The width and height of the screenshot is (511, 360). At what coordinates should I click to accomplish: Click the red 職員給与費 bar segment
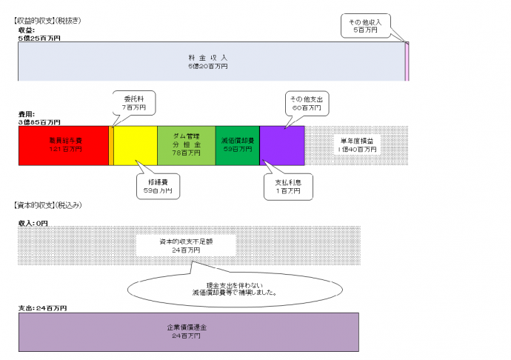[63, 145]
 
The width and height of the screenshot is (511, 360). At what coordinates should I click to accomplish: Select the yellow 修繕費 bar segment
[135, 145]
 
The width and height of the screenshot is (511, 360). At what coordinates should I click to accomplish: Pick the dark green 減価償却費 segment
[237, 145]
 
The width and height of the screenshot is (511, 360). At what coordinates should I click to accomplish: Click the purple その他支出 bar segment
[282, 145]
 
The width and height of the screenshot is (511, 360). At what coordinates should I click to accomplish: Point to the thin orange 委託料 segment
[111, 145]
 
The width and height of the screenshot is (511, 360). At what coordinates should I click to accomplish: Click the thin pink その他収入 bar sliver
[407, 61]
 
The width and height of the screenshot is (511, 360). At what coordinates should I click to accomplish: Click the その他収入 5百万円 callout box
[370, 26]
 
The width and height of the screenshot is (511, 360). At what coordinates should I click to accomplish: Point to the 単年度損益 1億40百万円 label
[357, 145]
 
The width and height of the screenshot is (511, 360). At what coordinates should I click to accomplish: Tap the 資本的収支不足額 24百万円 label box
[185, 246]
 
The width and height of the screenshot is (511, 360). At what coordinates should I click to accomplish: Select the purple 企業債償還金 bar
[189, 330]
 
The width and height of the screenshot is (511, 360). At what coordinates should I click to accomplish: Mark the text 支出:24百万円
[43, 307]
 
